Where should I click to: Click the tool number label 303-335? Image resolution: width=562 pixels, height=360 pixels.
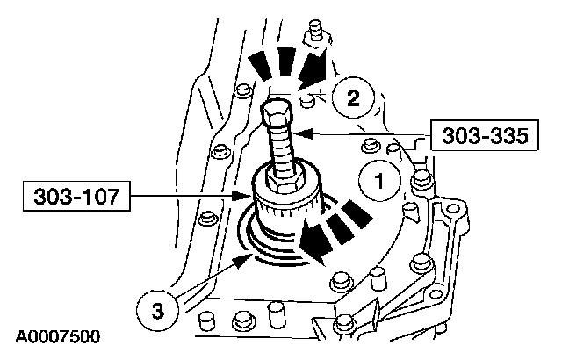coord(473,137)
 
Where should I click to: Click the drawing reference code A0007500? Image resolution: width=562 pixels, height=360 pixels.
coord(58,335)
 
